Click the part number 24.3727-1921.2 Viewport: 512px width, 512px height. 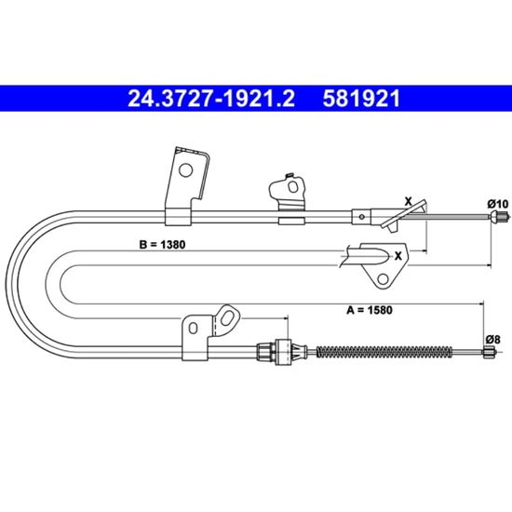(x=211, y=99)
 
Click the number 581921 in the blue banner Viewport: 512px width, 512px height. (x=361, y=99)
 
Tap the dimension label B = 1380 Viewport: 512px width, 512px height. (x=162, y=245)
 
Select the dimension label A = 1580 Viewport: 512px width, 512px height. (x=370, y=310)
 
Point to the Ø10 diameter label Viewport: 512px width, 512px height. (x=498, y=204)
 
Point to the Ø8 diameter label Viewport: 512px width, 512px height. (x=492, y=340)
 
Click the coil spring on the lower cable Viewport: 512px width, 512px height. (x=384, y=352)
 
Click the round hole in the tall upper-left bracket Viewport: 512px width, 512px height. (x=186, y=170)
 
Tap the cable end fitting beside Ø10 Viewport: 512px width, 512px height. (x=500, y=216)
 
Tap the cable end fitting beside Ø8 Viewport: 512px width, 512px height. (x=489, y=353)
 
